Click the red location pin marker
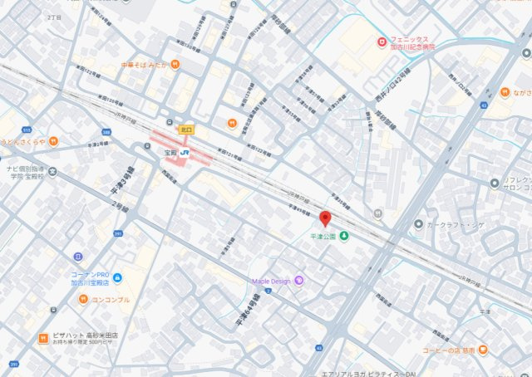tap(325, 218)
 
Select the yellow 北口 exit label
tap(185, 130)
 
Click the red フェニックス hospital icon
tap(381, 41)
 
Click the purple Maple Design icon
tap(299, 281)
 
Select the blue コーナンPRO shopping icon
tap(118, 277)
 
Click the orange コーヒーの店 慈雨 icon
tap(483, 350)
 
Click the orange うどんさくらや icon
tap(53, 141)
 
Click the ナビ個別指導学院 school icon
tap(53, 173)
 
